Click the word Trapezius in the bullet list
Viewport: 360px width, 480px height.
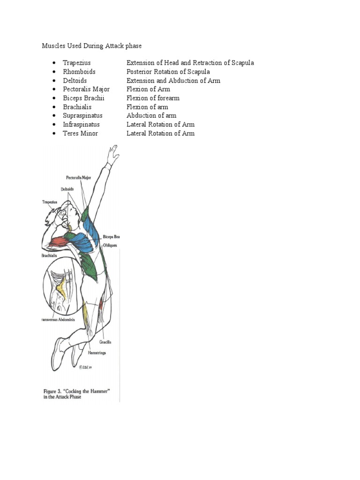pos(77,63)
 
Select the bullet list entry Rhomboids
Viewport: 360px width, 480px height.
pos(79,72)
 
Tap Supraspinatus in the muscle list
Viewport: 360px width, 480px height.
pos(82,116)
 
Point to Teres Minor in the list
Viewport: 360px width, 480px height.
pos(81,134)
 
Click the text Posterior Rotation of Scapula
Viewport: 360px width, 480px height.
pos(168,72)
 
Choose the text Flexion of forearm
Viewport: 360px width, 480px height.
pos(153,98)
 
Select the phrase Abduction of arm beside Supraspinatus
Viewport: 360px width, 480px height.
pos(151,116)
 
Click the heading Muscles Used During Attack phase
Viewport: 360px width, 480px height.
pos(92,46)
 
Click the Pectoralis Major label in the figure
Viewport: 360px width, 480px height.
pos(78,178)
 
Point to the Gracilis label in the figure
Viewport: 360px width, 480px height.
pos(105,343)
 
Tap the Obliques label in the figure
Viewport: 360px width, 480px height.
pos(111,245)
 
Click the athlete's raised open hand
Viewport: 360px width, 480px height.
pos(112,153)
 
